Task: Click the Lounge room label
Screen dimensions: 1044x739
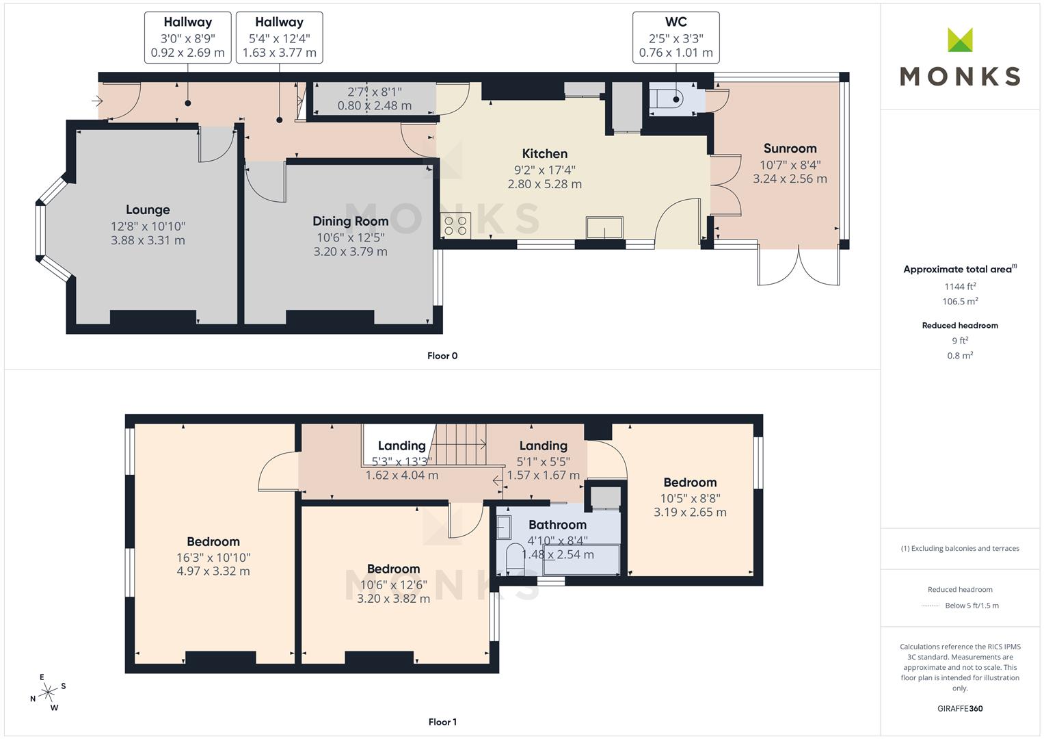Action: click(x=148, y=210)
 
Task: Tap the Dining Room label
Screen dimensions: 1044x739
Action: click(x=351, y=221)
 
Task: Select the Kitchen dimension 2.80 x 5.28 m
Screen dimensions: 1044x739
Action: click(x=544, y=184)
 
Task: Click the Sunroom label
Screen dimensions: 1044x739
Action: click(x=790, y=148)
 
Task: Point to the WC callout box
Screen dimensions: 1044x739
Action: click(x=675, y=38)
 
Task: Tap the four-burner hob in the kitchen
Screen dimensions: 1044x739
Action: click(x=455, y=225)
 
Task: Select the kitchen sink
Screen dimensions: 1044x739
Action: click(x=604, y=228)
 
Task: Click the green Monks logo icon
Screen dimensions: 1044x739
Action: click(x=960, y=40)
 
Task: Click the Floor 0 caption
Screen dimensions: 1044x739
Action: click(x=442, y=356)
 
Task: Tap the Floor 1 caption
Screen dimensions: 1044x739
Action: click(x=442, y=722)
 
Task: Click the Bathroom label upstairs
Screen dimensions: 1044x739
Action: click(x=557, y=525)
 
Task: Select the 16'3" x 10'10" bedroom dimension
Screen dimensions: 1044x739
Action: click(x=213, y=558)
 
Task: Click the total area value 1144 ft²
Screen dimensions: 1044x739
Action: click(x=960, y=287)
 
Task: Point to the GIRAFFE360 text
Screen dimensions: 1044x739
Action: click(x=960, y=709)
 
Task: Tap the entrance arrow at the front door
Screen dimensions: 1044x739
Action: click(x=97, y=101)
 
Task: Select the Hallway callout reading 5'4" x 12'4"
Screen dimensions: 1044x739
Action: click(x=279, y=38)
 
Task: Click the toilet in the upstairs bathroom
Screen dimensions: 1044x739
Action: click(x=515, y=555)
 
